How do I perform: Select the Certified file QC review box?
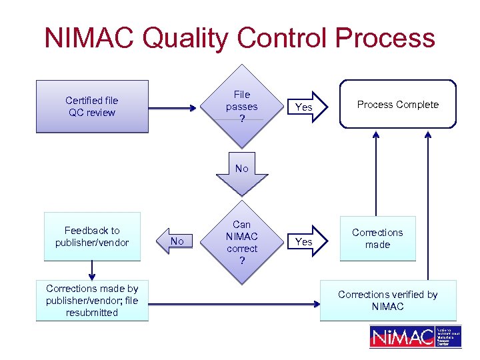92,107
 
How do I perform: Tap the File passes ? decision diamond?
241,107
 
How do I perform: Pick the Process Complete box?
397,104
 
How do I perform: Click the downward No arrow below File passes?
241,173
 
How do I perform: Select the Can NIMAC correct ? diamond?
241,242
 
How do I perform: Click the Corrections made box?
377,239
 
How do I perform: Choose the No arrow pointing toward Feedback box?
177,241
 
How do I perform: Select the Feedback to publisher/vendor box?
92,236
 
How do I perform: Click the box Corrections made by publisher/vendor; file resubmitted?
92,301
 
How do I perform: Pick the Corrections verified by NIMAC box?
388,301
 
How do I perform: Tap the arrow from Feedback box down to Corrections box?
92,269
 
